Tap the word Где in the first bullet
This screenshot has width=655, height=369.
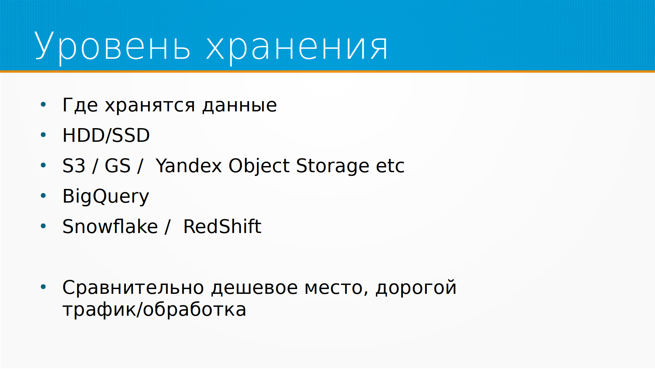(x=81, y=105)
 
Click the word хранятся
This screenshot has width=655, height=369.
(x=150, y=106)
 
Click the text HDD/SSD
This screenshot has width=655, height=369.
(x=106, y=135)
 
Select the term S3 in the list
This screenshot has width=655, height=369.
(x=74, y=166)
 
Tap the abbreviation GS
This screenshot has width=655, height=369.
(x=118, y=166)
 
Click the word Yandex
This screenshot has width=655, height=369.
(x=189, y=166)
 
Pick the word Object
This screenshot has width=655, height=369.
(x=259, y=166)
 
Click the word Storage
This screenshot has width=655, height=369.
(x=333, y=166)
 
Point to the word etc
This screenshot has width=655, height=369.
(x=390, y=166)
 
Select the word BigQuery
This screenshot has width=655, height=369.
(x=106, y=197)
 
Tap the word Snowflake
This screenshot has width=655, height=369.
(x=110, y=226)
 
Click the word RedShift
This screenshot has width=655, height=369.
(x=222, y=226)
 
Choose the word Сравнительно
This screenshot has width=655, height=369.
(x=133, y=287)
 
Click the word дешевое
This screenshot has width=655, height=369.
(x=254, y=288)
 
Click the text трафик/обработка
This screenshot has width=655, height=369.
(x=154, y=310)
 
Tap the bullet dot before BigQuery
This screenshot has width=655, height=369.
(x=43, y=196)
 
